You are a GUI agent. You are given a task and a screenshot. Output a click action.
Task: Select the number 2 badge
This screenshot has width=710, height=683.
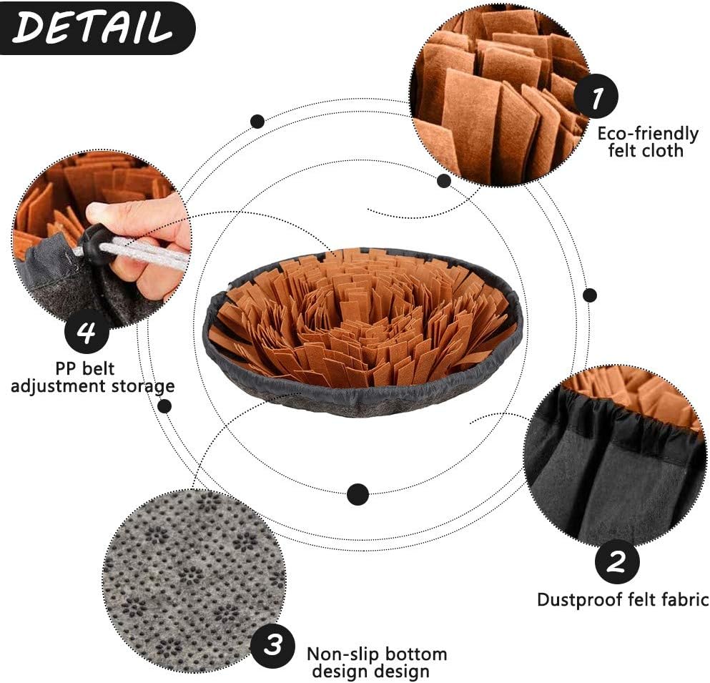coord(617,561)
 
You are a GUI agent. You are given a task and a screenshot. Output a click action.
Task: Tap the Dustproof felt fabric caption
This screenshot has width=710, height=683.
coord(622,599)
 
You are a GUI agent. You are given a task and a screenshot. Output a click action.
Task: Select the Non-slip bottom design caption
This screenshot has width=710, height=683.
coord(377,662)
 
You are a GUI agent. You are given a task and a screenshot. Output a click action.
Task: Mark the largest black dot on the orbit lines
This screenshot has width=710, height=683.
coord(358,493)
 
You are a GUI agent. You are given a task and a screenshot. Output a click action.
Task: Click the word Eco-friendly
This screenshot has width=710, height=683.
coord(648,134)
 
